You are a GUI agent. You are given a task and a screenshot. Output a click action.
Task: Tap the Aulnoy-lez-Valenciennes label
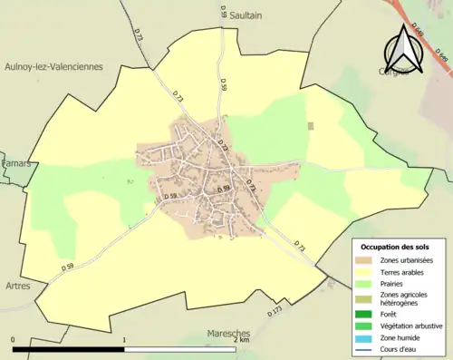(x=55, y=66)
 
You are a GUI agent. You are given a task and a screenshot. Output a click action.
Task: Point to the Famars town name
(x=15, y=163)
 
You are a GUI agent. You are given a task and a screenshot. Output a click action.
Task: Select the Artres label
(x=16, y=286)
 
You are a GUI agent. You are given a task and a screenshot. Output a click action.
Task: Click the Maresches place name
(x=227, y=333)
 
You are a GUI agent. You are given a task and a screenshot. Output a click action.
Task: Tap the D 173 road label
(x=275, y=310)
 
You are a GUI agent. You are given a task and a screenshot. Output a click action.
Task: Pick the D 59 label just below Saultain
(x=222, y=12)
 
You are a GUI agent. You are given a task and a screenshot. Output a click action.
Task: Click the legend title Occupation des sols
(x=396, y=247)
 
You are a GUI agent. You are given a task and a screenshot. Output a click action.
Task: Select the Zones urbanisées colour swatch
(x=367, y=261)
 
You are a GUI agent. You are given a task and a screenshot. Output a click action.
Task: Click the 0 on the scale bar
(x=13, y=340)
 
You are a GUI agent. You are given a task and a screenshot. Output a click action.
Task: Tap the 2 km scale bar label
(x=240, y=340)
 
